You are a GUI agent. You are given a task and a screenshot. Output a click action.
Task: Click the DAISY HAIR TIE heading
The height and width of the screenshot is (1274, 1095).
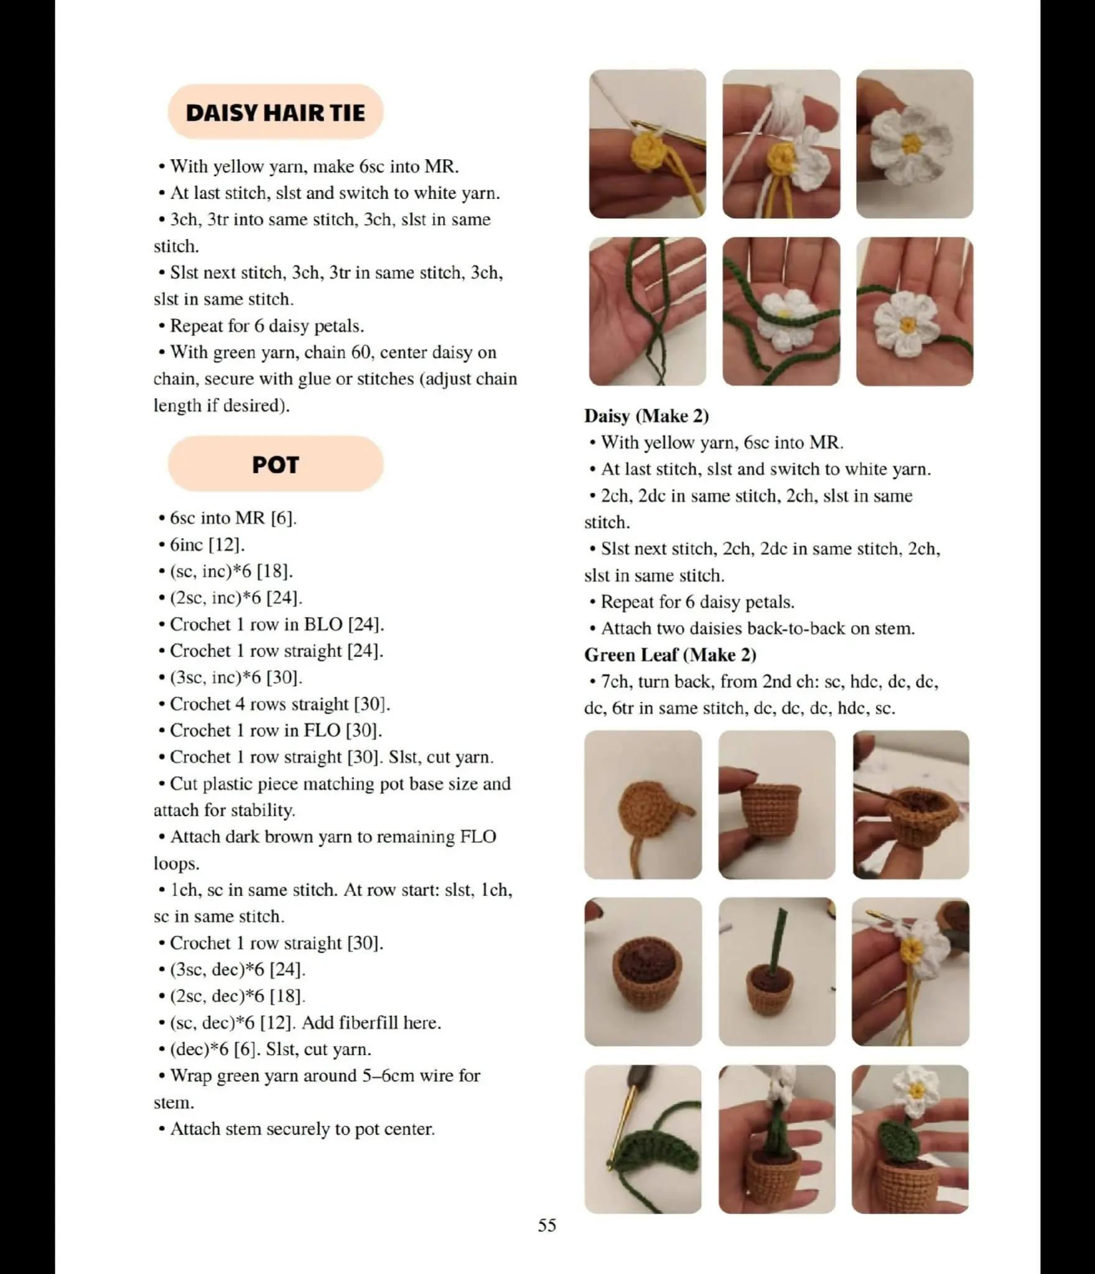(x=275, y=113)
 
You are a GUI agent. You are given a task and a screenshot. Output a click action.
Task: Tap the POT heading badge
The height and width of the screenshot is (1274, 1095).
(x=276, y=464)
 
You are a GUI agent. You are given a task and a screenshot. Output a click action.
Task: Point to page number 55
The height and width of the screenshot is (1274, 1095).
(x=547, y=1225)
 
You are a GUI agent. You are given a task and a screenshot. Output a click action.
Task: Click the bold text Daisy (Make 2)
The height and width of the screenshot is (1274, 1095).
(x=646, y=416)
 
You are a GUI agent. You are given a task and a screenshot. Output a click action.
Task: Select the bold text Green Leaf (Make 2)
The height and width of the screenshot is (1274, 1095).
(x=670, y=655)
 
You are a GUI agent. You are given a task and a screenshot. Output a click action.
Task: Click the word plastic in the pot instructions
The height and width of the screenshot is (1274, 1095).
(x=230, y=784)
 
